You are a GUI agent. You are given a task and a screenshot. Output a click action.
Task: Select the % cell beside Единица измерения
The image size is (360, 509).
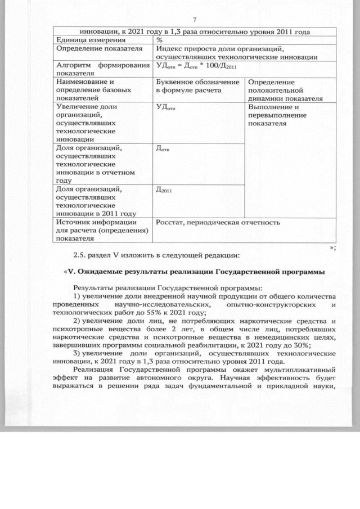pyautogui.click(x=160, y=40)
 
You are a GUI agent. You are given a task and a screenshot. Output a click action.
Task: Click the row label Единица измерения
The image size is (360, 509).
pyautogui.click(x=80, y=40)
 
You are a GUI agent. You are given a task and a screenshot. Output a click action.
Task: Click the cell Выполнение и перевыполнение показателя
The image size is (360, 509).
pyautogui.click(x=276, y=115)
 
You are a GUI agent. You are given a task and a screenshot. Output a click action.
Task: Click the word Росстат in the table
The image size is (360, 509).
pyautogui.click(x=171, y=222)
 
